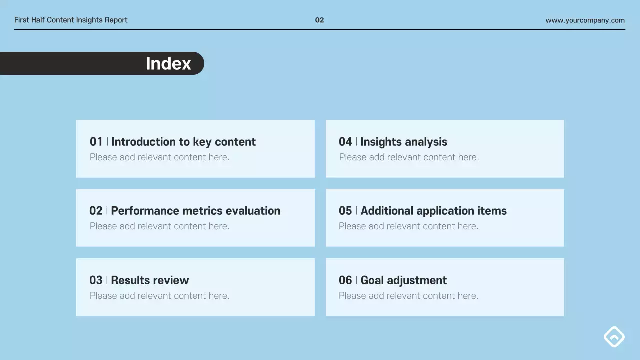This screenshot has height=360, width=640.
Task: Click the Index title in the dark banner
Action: click(168, 64)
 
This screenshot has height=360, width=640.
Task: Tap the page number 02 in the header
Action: click(319, 20)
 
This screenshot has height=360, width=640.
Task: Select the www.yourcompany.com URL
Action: click(585, 20)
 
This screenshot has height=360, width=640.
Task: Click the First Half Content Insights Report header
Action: click(71, 20)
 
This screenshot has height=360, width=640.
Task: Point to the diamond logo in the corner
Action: click(614, 337)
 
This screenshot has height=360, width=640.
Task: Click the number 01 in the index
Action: click(96, 142)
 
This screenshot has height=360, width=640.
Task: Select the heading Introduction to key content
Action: click(183, 142)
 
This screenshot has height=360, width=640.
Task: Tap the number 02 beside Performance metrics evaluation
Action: click(96, 211)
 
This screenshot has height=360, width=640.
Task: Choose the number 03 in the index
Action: click(96, 280)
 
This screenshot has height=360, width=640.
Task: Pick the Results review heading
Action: click(150, 280)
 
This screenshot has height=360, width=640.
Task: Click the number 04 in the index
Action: click(345, 142)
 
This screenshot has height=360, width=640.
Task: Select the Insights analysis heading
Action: click(403, 142)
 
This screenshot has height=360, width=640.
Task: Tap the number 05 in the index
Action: click(345, 211)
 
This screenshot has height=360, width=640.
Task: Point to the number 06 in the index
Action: click(345, 280)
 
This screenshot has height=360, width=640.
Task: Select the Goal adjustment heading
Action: click(403, 280)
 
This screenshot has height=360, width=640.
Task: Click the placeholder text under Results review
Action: click(159, 296)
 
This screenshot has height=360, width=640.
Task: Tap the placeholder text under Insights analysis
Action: click(409, 157)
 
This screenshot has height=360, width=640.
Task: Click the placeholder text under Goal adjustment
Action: click(408, 296)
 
